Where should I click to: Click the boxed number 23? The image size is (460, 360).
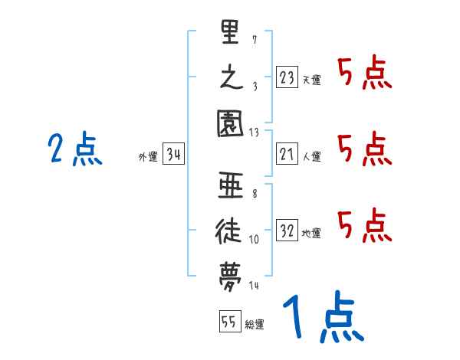(x=287, y=77)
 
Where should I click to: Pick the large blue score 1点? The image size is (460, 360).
(x=322, y=319)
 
